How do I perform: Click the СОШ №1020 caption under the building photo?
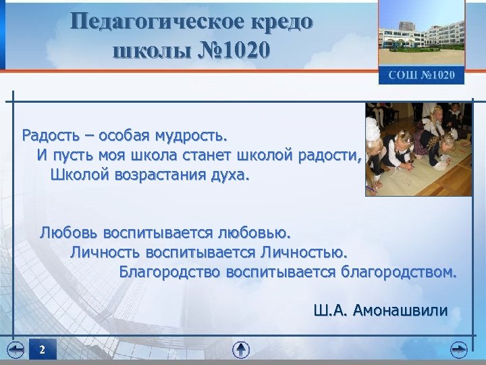(421, 75)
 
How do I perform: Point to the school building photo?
(421, 34)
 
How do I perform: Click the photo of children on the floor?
(418, 149)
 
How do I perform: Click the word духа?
(230, 176)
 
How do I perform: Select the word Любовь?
(68, 233)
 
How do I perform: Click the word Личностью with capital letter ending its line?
(303, 253)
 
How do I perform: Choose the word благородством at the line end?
(399, 272)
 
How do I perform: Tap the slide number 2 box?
(42, 349)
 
